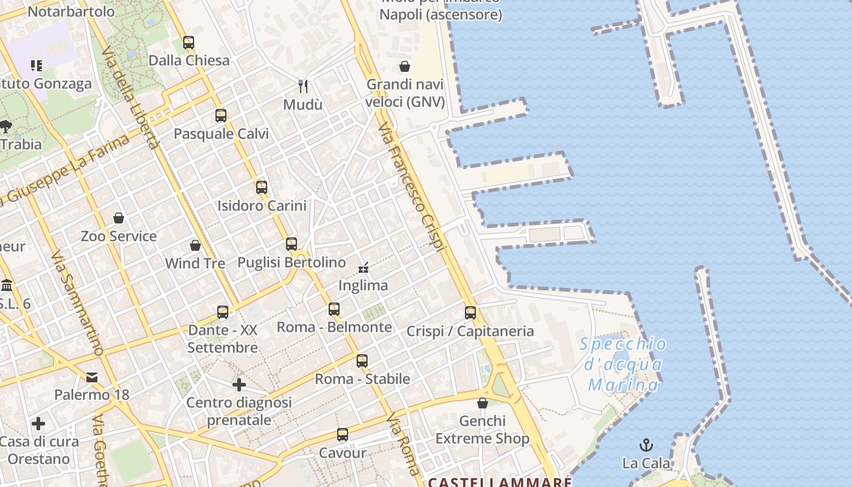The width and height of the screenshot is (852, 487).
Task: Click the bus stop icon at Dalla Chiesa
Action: (189, 43)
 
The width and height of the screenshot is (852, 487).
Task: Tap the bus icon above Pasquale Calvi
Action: (221, 116)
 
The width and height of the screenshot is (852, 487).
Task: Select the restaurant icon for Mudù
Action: (303, 86)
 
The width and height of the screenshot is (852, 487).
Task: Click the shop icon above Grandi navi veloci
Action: (405, 66)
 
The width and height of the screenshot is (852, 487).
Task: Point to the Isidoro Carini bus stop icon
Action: (262, 187)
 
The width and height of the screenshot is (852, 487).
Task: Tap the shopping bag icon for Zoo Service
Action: (119, 218)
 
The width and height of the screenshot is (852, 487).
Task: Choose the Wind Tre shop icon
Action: (195, 245)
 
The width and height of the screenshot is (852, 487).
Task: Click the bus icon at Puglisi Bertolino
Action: (292, 244)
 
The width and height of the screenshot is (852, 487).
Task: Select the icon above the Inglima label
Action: (363, 267)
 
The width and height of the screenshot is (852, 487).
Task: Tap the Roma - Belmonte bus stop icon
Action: (334, 309)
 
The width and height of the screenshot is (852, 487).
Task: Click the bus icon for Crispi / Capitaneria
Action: (470, 313)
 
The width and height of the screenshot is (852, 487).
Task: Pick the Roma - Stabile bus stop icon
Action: (362, 361)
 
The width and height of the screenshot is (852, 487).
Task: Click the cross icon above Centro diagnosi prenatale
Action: (239, 385)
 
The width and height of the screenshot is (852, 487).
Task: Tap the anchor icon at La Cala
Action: (646, 445)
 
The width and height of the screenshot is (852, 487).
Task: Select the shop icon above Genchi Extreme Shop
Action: (483, 403)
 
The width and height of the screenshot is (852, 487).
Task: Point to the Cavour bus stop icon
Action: (343, 435)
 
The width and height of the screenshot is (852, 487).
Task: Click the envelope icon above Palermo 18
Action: (92, 377)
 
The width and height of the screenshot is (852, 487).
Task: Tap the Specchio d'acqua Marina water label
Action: (623, 364)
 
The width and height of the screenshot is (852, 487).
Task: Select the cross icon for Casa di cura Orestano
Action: (38, 423)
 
